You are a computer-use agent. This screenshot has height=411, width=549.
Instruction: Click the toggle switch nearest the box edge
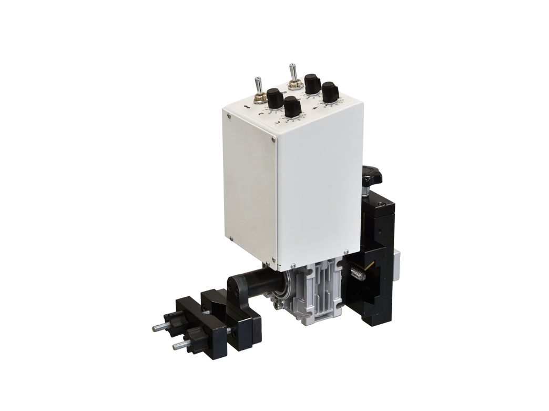click(258, 89)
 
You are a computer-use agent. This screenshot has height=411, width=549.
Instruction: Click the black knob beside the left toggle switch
click(275, 98)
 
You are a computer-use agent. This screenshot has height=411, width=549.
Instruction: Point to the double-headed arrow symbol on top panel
click(247, 107)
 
